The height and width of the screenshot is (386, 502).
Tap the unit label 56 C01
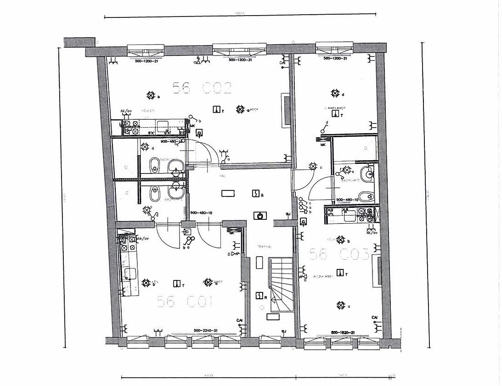pos(185,302)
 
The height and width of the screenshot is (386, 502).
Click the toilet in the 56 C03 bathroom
pos(366,197)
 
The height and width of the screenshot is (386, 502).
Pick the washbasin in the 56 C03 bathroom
pos(367,174)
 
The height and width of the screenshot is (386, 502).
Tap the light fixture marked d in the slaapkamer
pos(334,93)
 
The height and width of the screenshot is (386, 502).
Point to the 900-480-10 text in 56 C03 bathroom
pos(347,200)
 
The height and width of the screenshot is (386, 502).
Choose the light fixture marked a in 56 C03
pos(340,305)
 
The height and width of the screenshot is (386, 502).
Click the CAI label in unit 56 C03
pos(375,317)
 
